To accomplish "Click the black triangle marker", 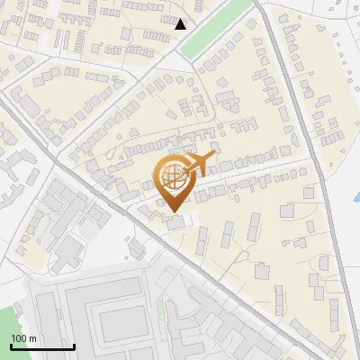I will pyautogui.click(x=181, y=24).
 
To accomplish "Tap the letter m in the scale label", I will pyautogui.click(x=32, y=338).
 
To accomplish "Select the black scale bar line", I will pyautogui.click(x=42, y=346).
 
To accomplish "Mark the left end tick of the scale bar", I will pyautogui.click(x=11, y=345).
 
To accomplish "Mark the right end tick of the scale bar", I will pyautogui.click(x=74, y=345).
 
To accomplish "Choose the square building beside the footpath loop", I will pyautogui.click(x=262, y=271).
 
